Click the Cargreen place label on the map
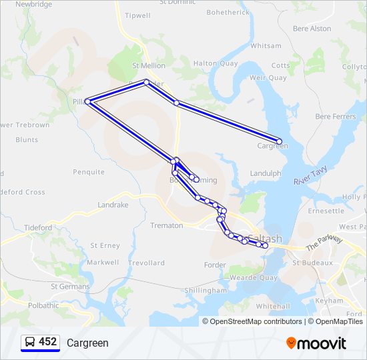click(x=272, y=146)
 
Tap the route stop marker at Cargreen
click(x=279, y=141)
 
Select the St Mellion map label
click(x=148, y=66)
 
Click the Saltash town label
click(x=265, y=239)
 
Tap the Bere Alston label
click(x=312, y=29)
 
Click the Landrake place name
click(x=113, y=205)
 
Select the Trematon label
click(x=167, y=225)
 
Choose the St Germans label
click(x=70, y=287)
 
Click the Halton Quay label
click(x=215, y=63)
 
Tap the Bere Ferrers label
click(x=336, y=116)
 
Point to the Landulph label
click(x=266, y=173)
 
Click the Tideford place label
click(x=38, y=227)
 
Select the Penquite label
click(x=89, y=172)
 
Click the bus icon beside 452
click(x=29, y=342)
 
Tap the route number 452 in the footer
click(x=47, y=342)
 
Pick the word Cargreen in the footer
click(x=87, y=343)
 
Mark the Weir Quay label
click(x=268, y=78)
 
